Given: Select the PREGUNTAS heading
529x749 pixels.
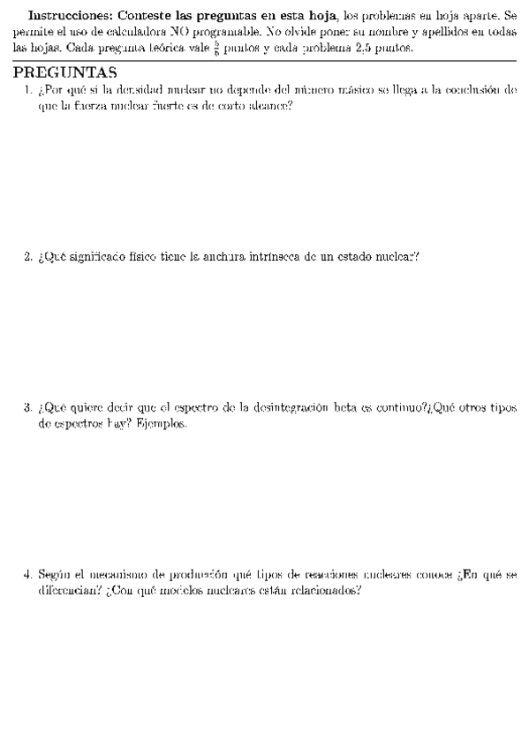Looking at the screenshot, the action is (65, 72).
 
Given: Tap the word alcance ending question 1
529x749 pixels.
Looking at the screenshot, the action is (271, 105).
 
